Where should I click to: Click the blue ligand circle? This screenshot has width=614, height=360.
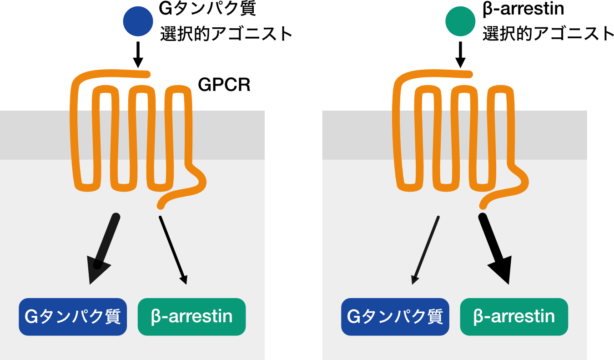(138, 21)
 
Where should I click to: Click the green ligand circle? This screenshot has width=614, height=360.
(460, 21)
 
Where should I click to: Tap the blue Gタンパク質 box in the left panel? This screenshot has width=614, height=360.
(73, 317)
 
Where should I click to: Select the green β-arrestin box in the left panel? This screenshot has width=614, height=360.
(191, 317)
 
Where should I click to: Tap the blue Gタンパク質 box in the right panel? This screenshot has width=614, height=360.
(395, 317)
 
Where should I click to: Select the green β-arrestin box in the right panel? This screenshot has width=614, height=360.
(514, 317)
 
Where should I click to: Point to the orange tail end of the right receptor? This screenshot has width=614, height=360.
(483, 205)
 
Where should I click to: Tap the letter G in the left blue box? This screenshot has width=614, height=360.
(31, 317)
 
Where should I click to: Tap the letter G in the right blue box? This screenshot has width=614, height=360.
(354, 317)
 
